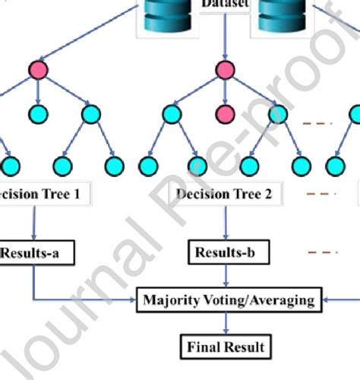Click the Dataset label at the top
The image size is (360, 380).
coord(223,4)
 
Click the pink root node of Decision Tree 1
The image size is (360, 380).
coord(38,71)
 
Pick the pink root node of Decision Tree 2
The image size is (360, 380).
coord(224,71)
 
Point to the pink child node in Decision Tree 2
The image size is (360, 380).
coord(224,115)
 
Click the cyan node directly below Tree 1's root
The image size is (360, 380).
coord(38,115)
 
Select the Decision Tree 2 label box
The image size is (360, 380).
coord(223,194)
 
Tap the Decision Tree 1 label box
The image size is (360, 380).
coord(42,194)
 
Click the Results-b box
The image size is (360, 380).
coord(223,252)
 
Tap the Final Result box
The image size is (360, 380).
coord(226,347)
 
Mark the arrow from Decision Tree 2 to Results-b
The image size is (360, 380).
coord(224,223)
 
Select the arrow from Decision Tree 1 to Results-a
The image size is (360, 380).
coord(33,223)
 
